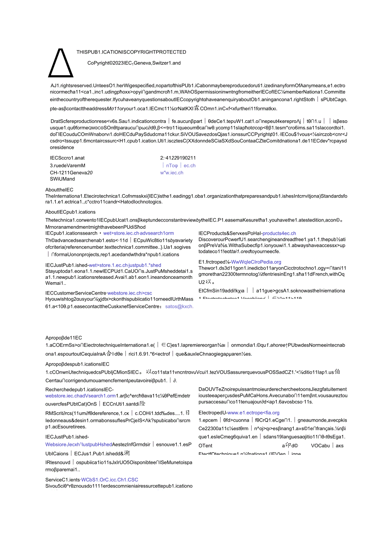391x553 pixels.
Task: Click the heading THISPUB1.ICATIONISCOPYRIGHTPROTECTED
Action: (x=131, y=52)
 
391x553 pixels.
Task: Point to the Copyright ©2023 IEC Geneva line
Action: (x=134, y=63)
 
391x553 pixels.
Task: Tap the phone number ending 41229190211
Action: (x=178, y=158)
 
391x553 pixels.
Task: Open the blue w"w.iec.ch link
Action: (x=172, y=173)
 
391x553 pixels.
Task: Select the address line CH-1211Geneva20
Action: (x=71, y=173)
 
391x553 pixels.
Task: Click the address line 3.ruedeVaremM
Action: (x=68, y=165)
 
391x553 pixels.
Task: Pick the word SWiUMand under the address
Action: (x=62, y=179)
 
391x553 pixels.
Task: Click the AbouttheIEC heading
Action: (x=59, y=190)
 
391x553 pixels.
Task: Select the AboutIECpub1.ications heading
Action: (x=71, y=212)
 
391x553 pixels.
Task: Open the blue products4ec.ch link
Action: (x=279, y=233)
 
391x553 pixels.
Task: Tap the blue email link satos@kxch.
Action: (x=179, y=306)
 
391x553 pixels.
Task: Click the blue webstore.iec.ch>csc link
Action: (x=130, y=293)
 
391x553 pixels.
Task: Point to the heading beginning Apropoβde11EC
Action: (x=64, y=337)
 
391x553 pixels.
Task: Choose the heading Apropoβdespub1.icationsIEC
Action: (x=77, y=364)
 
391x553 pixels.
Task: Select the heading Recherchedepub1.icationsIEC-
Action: (x=79, y=389)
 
